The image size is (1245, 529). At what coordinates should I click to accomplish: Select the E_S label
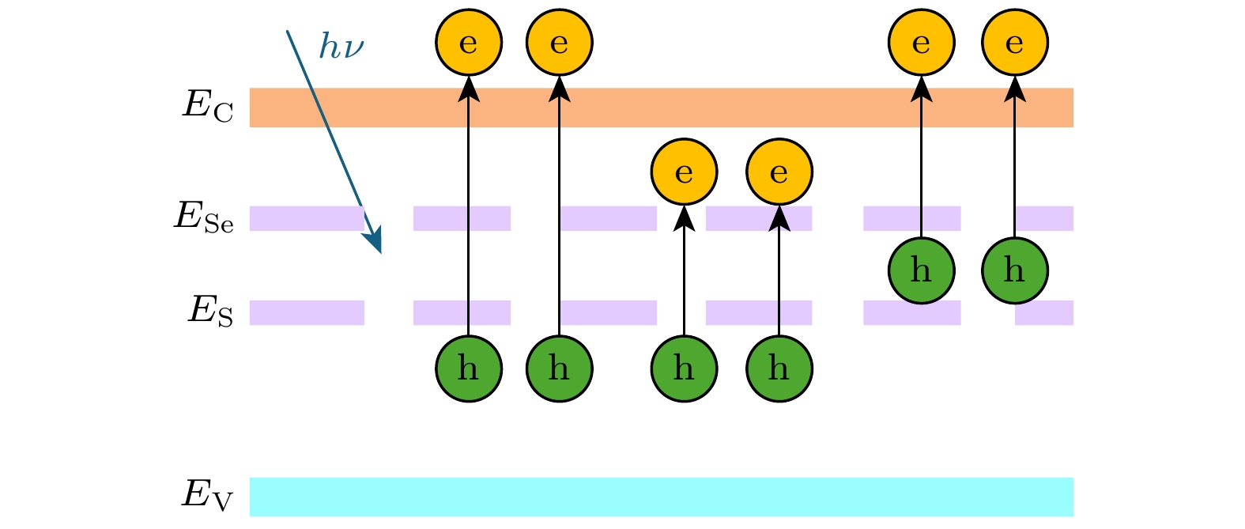[210, 311]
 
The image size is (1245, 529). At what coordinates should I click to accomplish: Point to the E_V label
[208, 496]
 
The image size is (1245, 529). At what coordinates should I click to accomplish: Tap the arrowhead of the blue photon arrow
[376, 242]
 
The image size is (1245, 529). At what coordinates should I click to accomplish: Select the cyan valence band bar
[661, 497]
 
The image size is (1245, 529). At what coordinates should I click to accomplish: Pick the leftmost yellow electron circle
[469, 42]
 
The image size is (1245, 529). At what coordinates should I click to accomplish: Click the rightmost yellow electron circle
[1015, 42]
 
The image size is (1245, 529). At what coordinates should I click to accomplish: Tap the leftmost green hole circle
[469, 368]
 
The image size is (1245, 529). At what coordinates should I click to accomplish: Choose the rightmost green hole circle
[1015, 270]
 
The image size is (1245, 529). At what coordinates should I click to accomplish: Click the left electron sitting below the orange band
[685, 172]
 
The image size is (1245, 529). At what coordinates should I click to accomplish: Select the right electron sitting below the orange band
[779, 172]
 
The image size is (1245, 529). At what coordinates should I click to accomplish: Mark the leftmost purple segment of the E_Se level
[307, 218]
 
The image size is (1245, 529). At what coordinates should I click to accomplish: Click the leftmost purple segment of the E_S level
[307, 312]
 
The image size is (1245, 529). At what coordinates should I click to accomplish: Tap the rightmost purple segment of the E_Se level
[1044, 218]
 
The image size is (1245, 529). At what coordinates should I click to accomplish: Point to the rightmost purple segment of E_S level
[1044, 313]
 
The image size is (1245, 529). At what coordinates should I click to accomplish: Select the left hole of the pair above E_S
[922, 270]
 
